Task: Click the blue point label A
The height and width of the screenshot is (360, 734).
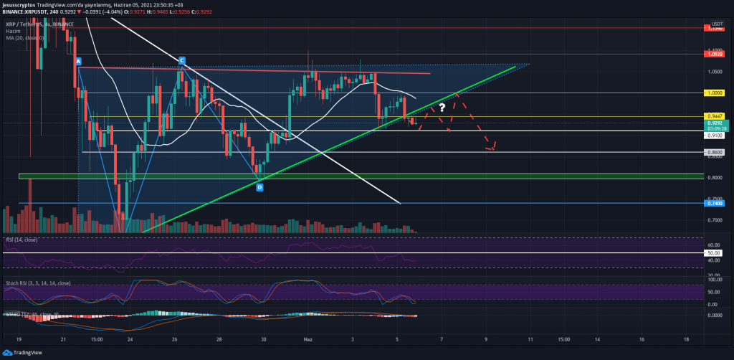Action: click(78, 61)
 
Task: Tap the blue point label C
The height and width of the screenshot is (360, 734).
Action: click(182, 60)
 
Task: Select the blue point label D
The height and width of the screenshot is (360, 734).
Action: click(259, 187)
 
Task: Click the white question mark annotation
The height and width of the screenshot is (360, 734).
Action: click(442, 107)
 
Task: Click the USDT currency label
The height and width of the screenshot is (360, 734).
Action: click(718, 24)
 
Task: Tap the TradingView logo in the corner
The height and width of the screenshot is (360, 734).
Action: click(26, 351)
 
